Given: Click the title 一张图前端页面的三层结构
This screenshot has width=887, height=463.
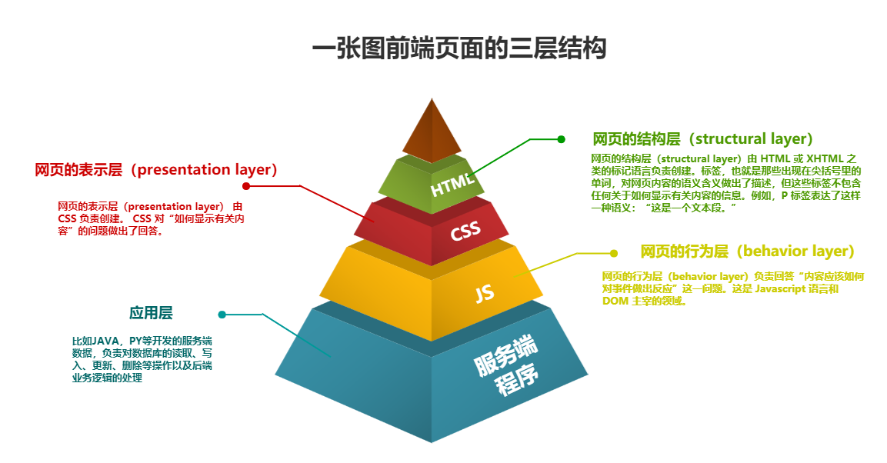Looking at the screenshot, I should pos(459,49).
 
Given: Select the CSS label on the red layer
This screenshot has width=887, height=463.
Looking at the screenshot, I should pos(465,231).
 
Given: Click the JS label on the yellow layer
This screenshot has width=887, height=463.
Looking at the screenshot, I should pos(484,293).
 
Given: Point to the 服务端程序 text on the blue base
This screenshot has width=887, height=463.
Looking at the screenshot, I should pos(506,365).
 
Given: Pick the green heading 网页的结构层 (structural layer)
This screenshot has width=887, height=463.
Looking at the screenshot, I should pos(702,139).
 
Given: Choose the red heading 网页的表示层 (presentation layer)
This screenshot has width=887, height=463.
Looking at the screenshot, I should pos(156,170).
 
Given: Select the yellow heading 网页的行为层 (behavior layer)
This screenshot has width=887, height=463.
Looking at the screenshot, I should pos(747,251).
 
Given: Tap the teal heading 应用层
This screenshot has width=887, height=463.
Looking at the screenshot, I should pos(151,313).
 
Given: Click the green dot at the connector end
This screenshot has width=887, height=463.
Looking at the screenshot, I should pos(561,139).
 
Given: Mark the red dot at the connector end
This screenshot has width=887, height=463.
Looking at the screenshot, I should pos(246,186).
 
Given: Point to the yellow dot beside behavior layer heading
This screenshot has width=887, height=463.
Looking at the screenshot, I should pos(613,253).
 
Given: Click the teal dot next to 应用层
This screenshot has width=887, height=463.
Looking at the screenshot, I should pos(222,314).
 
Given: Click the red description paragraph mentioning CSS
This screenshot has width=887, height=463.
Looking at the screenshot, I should pos(151,218).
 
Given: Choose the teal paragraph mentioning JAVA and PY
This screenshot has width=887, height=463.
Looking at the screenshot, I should pos(142,359).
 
